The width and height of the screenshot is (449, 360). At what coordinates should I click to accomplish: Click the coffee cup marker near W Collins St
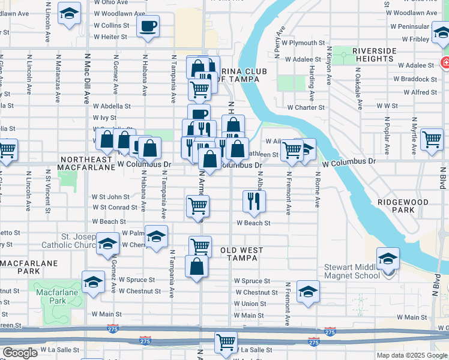pos(148,26)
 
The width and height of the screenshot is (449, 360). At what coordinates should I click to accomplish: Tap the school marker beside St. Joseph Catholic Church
pos(108,244)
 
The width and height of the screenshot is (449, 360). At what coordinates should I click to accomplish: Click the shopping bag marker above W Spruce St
pos(196,266)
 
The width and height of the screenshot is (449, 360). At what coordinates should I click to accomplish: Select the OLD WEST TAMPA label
pos(239,254)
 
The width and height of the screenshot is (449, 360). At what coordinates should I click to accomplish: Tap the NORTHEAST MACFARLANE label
pos(86,164)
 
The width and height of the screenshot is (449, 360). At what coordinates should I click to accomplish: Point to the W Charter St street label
pos(306,107)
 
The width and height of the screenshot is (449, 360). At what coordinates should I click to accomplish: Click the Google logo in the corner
pos(20,353)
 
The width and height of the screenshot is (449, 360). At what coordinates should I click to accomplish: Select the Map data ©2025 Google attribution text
pos(412,355)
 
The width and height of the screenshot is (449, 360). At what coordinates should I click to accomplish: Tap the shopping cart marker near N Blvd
pos(432,139)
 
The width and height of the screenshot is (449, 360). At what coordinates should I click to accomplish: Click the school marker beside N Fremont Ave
pos(308,292)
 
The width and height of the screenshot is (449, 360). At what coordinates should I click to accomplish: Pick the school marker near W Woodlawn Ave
pos(70,14)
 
